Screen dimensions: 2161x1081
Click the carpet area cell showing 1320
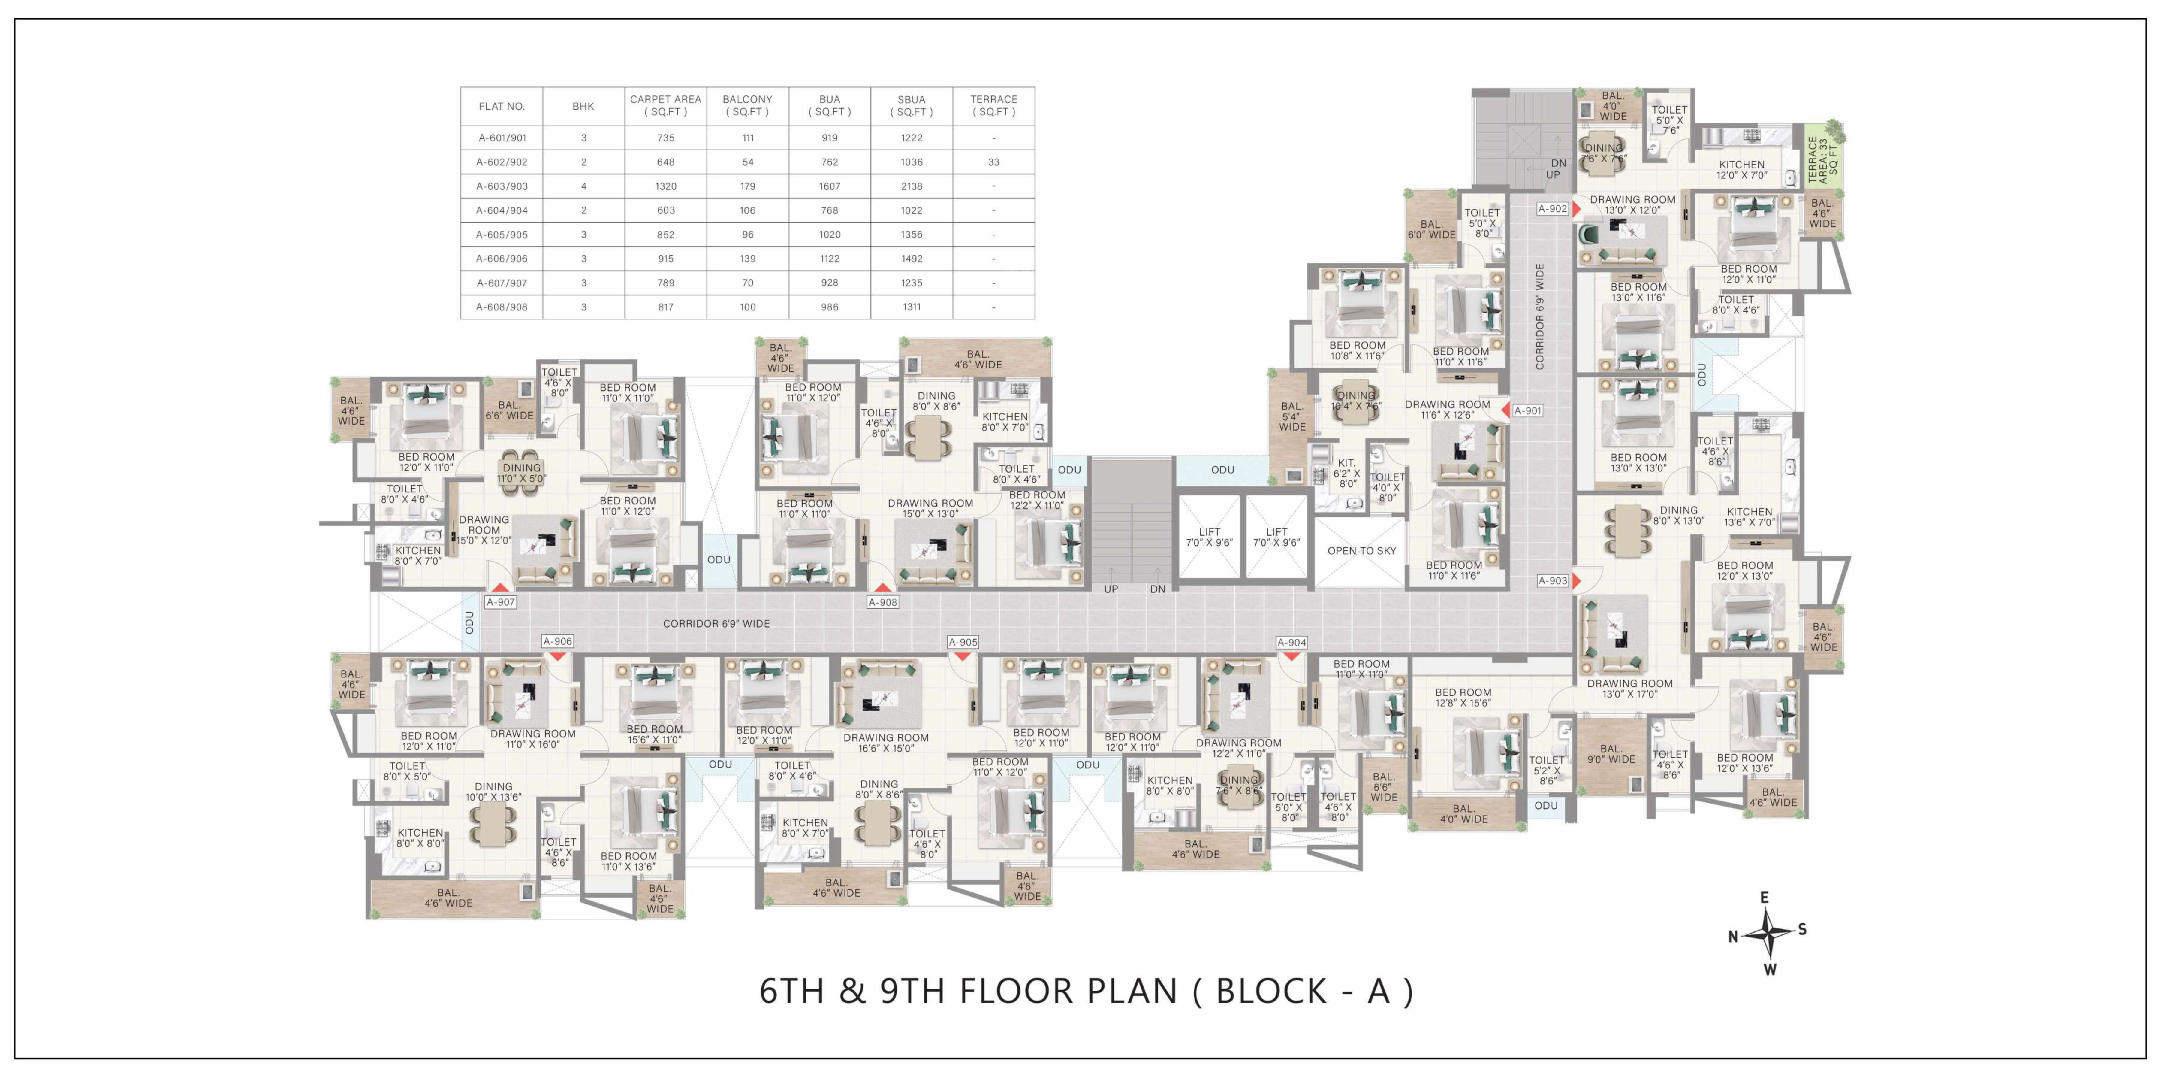point(665,186)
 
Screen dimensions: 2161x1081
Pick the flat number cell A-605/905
point(502,235)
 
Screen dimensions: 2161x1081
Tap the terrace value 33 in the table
point(993,162)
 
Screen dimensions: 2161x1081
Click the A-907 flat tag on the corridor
point(501,602)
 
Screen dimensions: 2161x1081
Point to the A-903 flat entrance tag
point(1553,580)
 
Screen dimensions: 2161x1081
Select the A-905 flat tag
point(963,642)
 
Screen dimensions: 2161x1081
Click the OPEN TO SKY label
point(1361,551)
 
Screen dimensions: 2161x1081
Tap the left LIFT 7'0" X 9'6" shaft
point(1209,537)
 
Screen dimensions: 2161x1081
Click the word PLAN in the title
point(1132,991)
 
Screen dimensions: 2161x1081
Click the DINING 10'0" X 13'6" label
point(493,792)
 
